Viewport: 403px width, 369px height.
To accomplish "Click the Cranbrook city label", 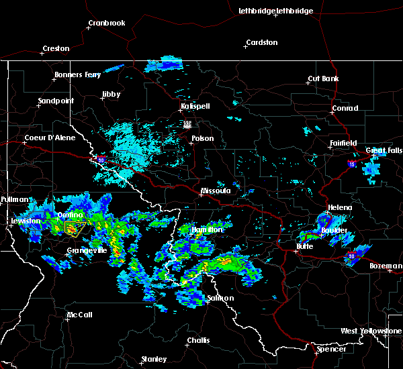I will click(x=106, y=23).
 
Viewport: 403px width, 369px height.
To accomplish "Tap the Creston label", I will click(x=56, y=48).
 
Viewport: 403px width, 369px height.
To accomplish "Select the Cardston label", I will click(x=261, y=42).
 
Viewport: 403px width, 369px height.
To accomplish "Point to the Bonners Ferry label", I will click(x=78, y=74).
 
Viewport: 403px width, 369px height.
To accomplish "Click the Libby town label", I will click(x=111, y=95).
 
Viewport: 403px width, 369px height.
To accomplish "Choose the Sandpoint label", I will click(x=56, y=101).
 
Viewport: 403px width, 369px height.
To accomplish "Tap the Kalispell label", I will click(x=195, y=107).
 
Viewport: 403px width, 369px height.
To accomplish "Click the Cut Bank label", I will click(x=322, y=78).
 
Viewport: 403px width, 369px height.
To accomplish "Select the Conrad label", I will click(x=345, y=108).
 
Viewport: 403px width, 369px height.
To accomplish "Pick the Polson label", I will click(x=202, y=139).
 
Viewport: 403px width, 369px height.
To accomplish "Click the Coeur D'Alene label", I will click(x=50, y=138).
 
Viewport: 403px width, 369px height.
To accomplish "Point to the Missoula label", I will click(x=216, y=191).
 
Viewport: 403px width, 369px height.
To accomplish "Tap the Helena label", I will click(x=339, y=207).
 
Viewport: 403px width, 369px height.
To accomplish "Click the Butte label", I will click(x=306, y=246).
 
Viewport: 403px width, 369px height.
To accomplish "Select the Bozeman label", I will click(x=386, y=266).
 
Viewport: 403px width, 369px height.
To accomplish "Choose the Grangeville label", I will click(x=87, y=250).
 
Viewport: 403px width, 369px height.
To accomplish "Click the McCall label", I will click(x=79, y=315).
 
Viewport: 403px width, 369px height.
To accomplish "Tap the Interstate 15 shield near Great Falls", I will click(x=352, y=163).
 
